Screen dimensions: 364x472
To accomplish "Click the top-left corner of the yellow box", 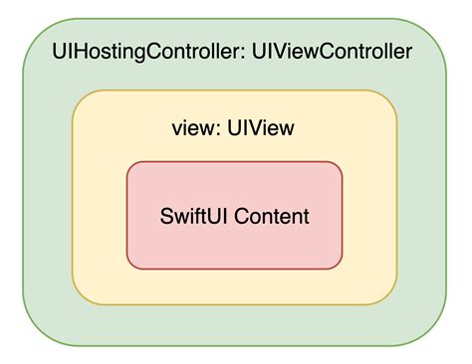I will click(80, 97).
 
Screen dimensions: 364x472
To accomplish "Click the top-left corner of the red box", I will click(131, 166).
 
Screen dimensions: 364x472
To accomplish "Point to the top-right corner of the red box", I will click(338, 166).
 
